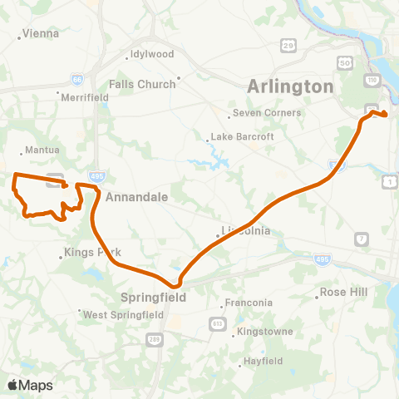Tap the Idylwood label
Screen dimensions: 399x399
click(150, 55)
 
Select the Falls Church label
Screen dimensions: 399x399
click(142, 84)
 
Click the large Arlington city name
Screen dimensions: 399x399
click(290, 86)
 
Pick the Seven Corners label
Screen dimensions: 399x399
click(266, 113)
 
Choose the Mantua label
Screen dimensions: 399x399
click(43, 150)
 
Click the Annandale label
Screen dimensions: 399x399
click(137, 197)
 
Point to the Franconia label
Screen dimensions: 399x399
click(249, 303)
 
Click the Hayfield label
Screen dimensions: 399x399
click(264, 362)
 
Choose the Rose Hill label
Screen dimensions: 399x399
click(344, 293)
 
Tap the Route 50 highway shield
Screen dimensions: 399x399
click(343, 62)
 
